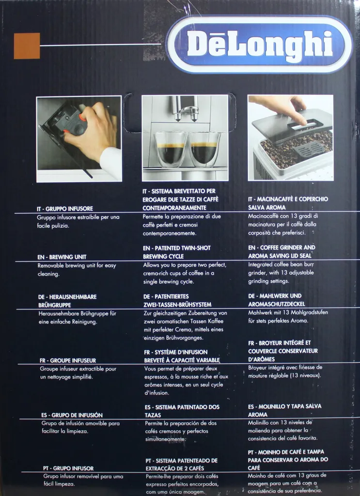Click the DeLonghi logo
pos(259,45)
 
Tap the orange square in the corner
pos(27,46)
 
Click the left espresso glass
pos(170,149)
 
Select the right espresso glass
pos(204,149)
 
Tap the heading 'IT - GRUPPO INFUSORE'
pos(65,209)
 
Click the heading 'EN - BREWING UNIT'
pos(62,257)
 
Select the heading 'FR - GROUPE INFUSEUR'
pos(68,360)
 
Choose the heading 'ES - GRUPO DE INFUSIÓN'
pos(72,415)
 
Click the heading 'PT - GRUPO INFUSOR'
pos(68,468)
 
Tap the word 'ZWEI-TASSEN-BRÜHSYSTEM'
pos(177,305)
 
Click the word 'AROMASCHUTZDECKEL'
pos(277,304)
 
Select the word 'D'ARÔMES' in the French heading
pos(261,359)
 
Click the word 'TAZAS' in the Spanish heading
pos(153,415)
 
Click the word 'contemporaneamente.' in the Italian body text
pos(170,233)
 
